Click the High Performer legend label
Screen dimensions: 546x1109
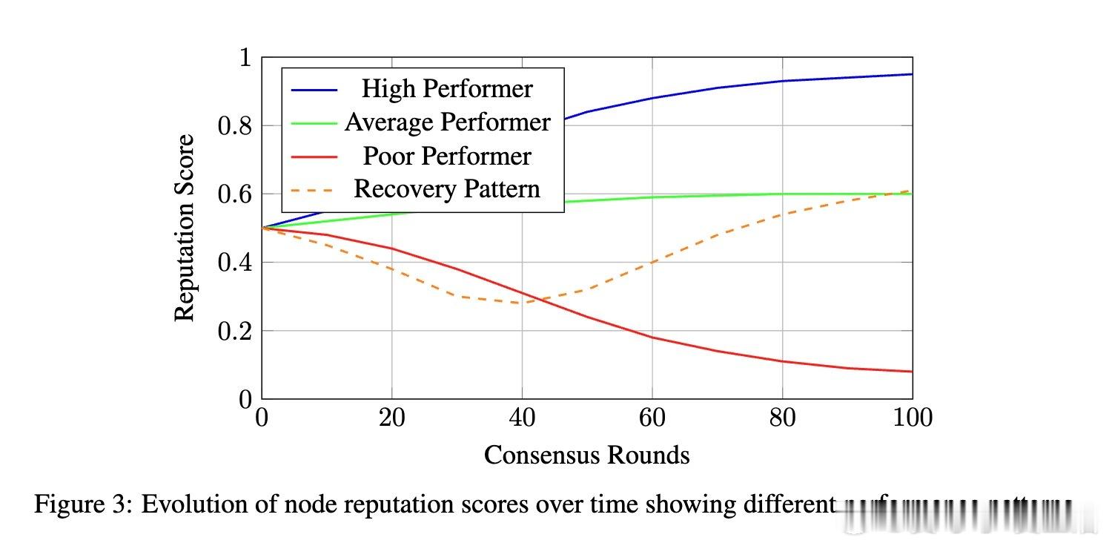[446, 89]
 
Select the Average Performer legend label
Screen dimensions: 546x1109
[447, 122]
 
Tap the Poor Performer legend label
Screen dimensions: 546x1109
[446, 156]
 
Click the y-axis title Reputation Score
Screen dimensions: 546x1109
[185, 228]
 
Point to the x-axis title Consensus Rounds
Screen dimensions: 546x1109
[586, 455]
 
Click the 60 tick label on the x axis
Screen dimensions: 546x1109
[652, 418]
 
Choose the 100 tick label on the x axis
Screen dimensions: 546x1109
[912, 418]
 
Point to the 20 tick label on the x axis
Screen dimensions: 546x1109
[391, 418]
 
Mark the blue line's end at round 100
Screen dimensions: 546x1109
[912, 74]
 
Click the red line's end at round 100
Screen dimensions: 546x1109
[912, 372]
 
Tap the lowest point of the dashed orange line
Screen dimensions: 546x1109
[522, 303]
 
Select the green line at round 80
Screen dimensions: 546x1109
[782, 194]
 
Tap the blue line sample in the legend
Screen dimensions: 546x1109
[314, 89]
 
